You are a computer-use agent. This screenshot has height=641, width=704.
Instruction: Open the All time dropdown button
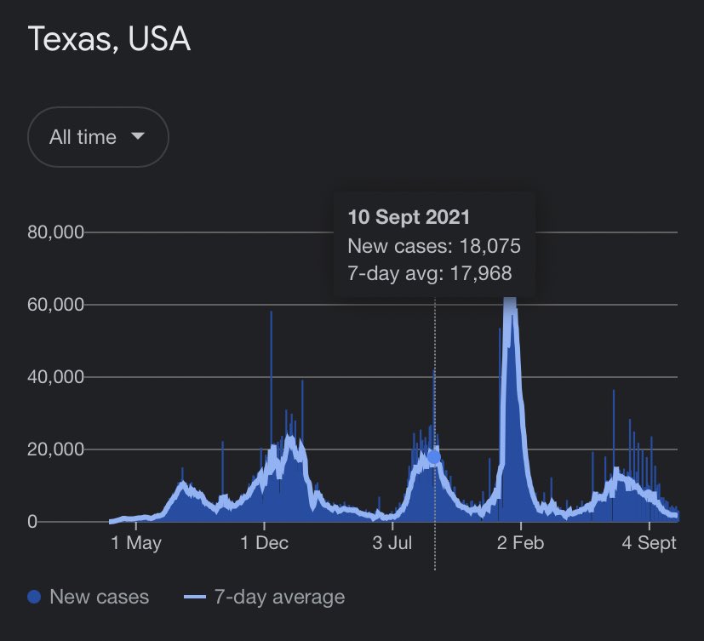(x=98, y=137)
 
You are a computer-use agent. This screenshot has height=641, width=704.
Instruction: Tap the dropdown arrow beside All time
(x=138, y=136)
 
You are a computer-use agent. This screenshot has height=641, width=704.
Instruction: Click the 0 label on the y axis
(x=32, y=522)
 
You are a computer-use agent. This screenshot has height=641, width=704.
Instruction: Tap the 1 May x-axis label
(x=136, y=544)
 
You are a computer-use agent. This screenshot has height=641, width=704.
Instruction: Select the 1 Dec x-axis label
(x=265, y=544)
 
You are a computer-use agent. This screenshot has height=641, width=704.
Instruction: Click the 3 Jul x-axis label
(x=392, y=544)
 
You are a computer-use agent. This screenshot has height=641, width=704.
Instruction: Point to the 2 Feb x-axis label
(x=520, y=544)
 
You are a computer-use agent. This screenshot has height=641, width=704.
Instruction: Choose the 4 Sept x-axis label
(x=649, y=544)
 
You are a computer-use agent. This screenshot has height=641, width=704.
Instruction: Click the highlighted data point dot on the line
(x=434, y=457)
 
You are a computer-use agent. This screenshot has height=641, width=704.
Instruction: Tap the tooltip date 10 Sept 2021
(x=409, y=217)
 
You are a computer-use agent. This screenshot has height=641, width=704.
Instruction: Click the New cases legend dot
(x=34, y=598)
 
